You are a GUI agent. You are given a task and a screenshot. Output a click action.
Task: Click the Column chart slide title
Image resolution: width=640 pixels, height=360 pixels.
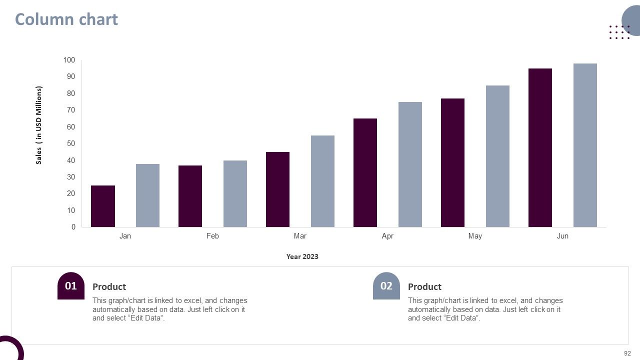click(66, 19)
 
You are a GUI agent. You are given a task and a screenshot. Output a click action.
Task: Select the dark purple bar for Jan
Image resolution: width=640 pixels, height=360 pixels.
click(103, 206)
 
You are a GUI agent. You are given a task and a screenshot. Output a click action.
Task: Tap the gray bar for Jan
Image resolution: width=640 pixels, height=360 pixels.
click(147, 195)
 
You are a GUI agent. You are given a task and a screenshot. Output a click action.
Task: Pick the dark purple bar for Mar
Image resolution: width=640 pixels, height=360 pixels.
click(277, 189)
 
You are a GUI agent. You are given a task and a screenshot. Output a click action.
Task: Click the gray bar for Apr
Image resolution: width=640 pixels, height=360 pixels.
click(410, 164)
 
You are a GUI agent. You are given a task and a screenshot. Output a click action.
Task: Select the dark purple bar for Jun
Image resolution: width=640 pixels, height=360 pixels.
click(540, 147)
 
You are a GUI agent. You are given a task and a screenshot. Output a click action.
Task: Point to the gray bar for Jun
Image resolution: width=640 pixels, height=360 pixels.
click(585, 145)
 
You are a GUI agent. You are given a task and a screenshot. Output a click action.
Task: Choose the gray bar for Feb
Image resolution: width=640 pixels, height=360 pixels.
click(235, 193)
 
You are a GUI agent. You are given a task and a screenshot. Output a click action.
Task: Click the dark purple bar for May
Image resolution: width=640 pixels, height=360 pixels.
click(452, 163)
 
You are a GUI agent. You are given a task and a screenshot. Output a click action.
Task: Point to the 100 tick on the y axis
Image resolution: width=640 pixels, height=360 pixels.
click(69, 60)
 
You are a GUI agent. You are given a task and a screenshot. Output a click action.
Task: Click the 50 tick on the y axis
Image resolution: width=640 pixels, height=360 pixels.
click(71, 143)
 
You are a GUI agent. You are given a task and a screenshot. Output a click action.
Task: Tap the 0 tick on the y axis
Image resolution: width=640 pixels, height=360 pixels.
click(73, 227)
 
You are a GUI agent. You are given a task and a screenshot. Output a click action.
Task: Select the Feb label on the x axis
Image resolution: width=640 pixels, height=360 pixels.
click(212, 236)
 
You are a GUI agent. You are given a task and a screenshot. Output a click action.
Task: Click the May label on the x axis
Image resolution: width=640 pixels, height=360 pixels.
click(475, 236)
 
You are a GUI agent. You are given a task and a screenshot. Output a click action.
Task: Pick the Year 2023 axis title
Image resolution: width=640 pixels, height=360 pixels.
click(302, 256)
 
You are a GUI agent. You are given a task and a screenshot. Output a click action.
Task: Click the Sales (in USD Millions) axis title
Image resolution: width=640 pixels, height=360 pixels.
click(39, 125)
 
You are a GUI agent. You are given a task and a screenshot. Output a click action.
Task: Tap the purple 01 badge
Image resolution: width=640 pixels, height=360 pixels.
click(71, 285)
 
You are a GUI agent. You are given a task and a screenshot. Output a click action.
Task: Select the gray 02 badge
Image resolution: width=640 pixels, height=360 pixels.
click(386, 285)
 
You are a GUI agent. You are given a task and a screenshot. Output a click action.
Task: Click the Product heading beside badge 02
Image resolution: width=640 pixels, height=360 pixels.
click(424, 287)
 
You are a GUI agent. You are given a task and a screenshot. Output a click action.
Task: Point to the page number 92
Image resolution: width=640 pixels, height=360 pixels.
click(627, 353)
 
